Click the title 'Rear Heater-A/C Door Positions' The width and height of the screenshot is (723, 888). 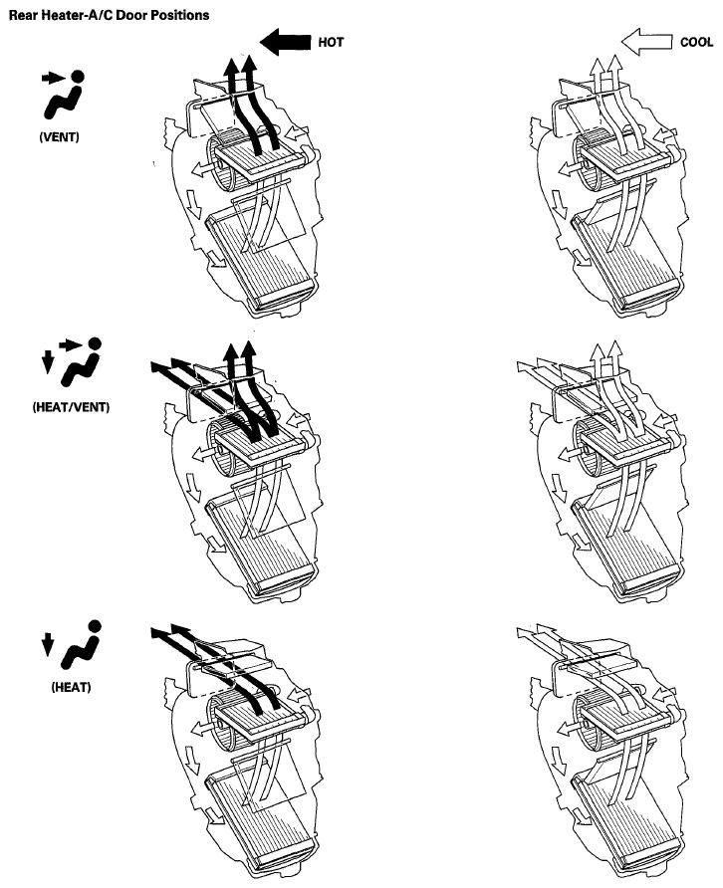coord(109,15)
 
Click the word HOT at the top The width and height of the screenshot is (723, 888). coord(331,43)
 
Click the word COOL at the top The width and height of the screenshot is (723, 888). coord(696,43)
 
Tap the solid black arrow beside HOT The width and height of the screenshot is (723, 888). coord(285,42)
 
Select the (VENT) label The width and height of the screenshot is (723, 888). coord(59,137)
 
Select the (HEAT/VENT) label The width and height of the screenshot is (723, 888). coord(71,406)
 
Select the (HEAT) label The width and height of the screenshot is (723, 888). coord(71,687)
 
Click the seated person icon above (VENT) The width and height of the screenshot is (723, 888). coord(65,96)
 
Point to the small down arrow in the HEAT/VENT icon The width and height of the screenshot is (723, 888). coord(48,362)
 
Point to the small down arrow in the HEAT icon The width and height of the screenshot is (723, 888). coord(48,644)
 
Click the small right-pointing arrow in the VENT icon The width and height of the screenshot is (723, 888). coord(54,79)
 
